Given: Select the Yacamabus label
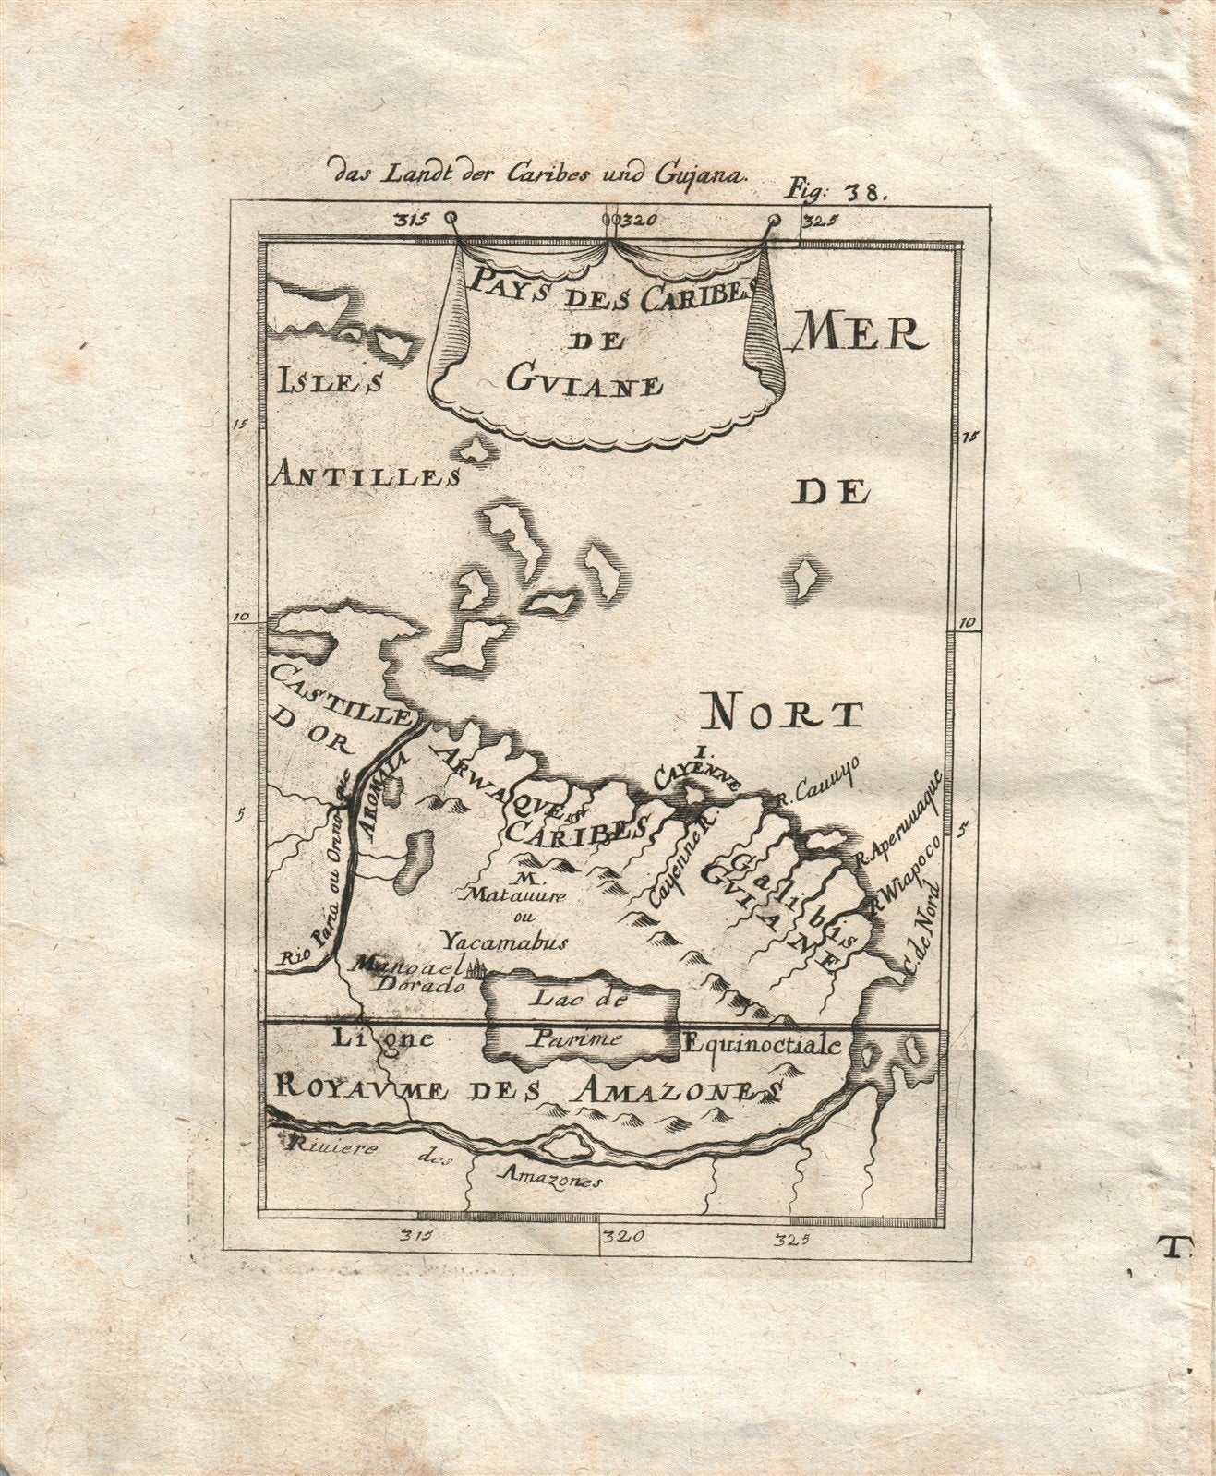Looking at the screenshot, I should pos(503,942).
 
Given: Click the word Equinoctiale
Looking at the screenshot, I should pos(761,1045).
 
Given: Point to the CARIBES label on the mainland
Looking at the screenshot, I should pos(574,827).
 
